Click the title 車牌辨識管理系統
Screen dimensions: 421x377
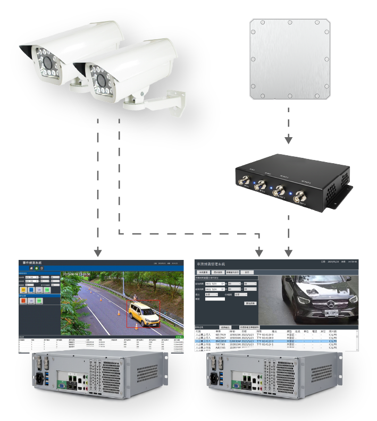coord(211,264)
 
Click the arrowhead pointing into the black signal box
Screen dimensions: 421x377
coord(288,141)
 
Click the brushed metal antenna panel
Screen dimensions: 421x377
coord(290,59)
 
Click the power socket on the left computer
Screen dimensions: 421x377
coord(40,378)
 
